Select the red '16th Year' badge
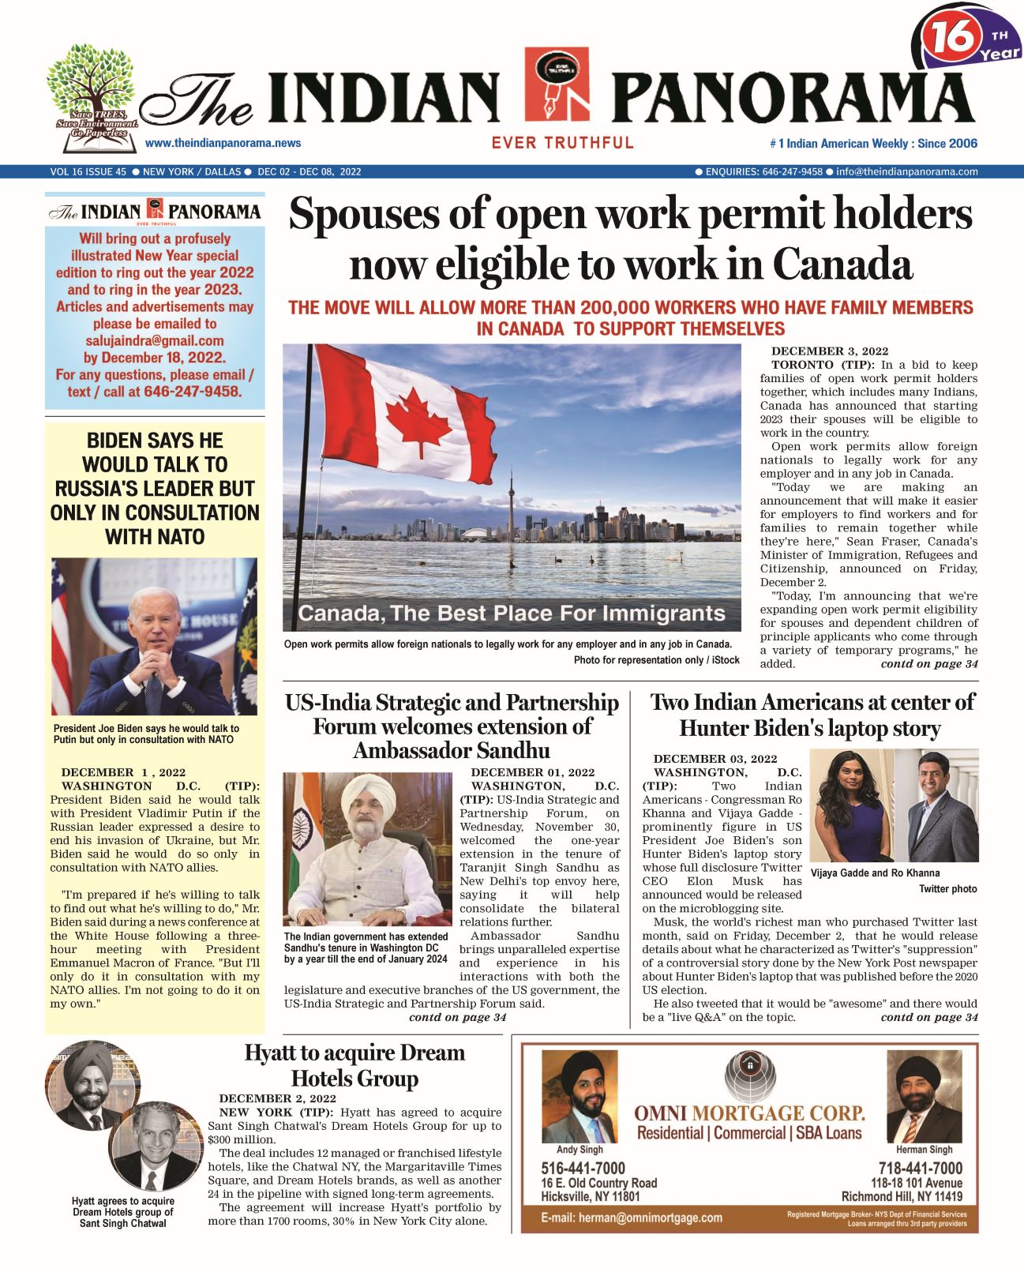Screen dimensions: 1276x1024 click(968, 39)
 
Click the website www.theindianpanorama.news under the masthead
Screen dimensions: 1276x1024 click(223, 143)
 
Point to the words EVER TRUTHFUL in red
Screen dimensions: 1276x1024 click(562, 143)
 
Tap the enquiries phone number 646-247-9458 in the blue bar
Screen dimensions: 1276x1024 click(792, 171)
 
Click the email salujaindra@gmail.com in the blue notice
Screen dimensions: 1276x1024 click(155, 341)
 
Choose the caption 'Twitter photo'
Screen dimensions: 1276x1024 click(947, 889)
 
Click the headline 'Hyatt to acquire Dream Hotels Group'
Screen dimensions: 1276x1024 click(354, 1065)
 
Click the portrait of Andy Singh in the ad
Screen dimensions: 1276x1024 click(580, 1097)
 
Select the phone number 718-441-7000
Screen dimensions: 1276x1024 click(920, 1168)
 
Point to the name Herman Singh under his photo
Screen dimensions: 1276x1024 click(924, 1150)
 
